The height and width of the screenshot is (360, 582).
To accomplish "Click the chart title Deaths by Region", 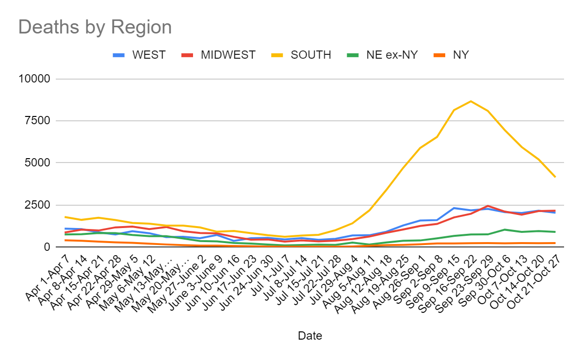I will (x=95, y=27).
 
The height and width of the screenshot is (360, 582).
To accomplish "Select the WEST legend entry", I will (x=148, y=55).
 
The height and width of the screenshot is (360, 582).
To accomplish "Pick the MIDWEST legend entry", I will (x=228, y=55).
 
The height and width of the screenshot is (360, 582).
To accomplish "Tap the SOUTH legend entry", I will (x=310, y=55).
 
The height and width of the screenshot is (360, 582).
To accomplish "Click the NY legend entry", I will (x=460, y=55).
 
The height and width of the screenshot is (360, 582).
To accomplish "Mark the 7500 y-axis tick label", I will (x=39, y=121).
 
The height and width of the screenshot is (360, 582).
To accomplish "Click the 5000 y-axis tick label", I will (x=39, y=163).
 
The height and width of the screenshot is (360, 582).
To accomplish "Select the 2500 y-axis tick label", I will (x=39, y=205).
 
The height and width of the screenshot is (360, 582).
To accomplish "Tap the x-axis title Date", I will (x=310, y=336).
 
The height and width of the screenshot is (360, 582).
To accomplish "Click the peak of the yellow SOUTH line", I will (x=470, y=101).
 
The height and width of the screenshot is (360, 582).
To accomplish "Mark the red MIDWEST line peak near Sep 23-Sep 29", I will (x=487, y=206).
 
